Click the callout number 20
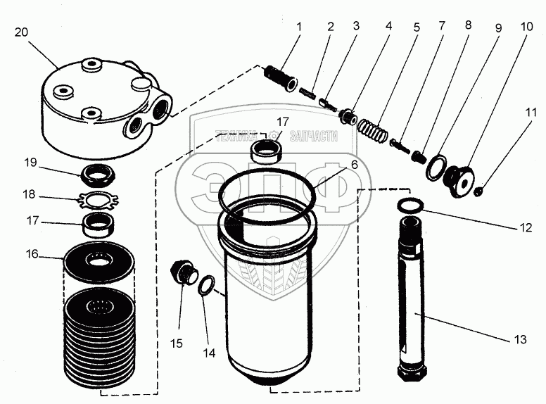21,32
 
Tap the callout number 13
520,340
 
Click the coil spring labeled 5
371,131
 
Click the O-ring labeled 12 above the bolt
412,205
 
